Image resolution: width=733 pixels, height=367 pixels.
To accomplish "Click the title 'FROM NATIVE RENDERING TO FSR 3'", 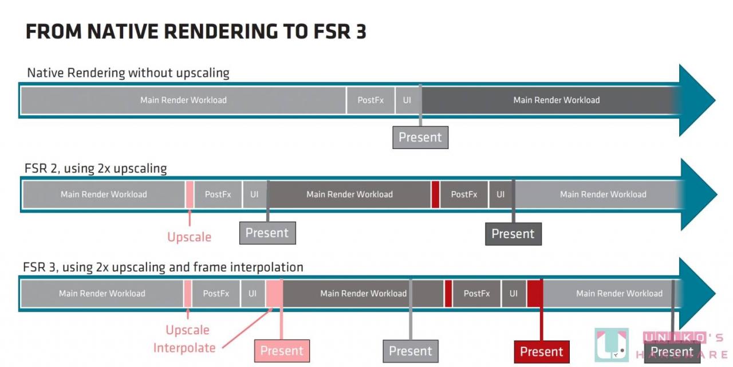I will (x=196, y=32).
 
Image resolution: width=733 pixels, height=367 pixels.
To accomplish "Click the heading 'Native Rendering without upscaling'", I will (x=128, y=73).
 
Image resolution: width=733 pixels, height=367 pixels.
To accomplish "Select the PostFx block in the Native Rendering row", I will (x=371, y=100).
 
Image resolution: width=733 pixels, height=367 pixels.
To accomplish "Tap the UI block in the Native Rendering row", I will (x=407, y=100).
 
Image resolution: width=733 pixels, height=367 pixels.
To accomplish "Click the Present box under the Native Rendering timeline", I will (x=420, y=138).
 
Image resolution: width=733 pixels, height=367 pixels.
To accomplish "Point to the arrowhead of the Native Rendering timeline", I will (x=696, y=100).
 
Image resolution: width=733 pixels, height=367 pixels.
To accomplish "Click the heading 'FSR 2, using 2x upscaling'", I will (x=96, y=169).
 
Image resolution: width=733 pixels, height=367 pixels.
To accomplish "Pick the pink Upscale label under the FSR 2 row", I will (x=189, y=237).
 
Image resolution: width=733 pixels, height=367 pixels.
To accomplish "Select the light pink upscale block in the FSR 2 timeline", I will (x=190, y=194).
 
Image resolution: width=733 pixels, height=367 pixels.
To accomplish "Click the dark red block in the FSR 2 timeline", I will (x=435, y=194).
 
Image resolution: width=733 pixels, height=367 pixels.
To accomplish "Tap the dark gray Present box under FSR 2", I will (x=513, y=234).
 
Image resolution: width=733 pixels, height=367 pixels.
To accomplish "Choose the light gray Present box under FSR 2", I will (x=267, y=233).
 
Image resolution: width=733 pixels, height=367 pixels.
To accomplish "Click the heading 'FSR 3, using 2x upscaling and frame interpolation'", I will (x=163, y=267).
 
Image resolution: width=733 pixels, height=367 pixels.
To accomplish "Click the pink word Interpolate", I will (x=184, y=348).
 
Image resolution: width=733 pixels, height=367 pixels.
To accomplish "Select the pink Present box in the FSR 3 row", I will (x=282, y=351).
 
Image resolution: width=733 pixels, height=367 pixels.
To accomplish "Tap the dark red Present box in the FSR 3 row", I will (x=542, y=351).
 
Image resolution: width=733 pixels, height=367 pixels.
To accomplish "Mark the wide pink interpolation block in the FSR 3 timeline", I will (x=274, y=293).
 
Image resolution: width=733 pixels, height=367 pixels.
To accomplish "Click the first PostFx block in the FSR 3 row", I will (x=216, y=294).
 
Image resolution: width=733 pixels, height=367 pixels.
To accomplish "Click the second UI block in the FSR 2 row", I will (x=500, y=194).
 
